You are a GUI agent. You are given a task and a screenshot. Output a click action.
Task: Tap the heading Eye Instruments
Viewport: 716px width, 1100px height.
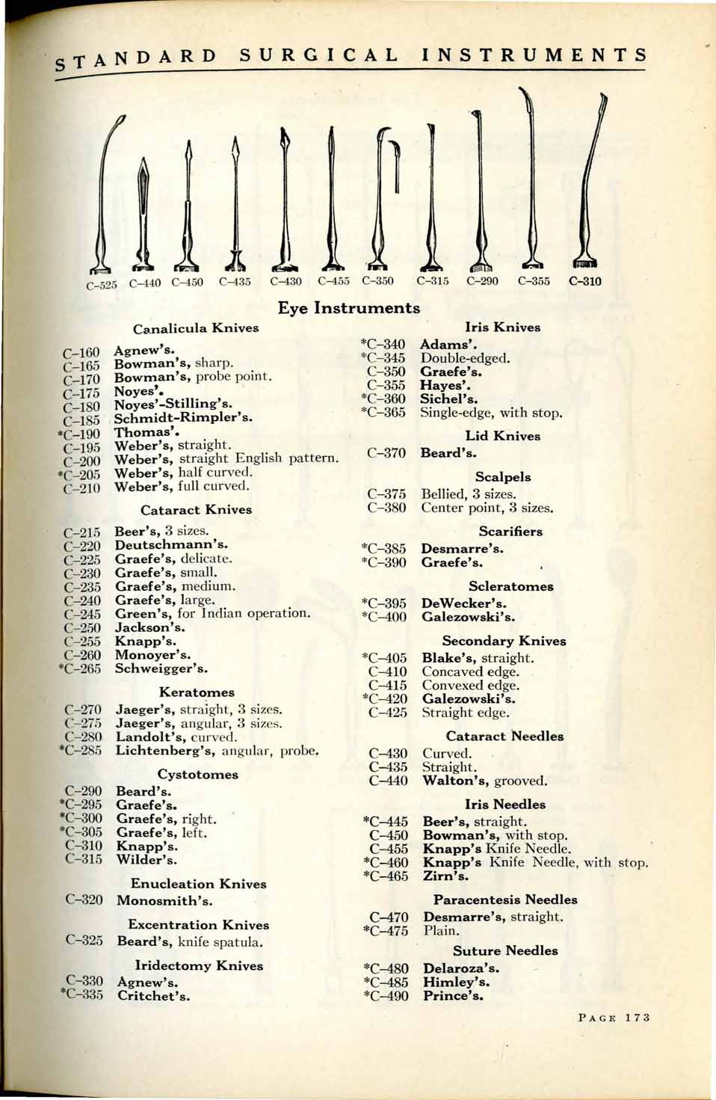point(349,308)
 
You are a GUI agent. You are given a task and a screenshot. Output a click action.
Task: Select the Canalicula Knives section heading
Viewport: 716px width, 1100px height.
point(196,328)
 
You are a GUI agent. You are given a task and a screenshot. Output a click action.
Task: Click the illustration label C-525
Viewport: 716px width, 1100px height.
point(102,285)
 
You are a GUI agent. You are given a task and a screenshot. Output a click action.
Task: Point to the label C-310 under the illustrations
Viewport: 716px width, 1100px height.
point(584,282)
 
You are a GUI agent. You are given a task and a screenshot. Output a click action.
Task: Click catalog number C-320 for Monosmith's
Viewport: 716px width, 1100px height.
point(84,900)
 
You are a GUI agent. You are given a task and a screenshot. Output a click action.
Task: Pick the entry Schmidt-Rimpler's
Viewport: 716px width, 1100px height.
point(183,418)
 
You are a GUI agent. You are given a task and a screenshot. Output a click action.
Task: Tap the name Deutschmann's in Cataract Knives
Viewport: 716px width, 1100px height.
point(171,545)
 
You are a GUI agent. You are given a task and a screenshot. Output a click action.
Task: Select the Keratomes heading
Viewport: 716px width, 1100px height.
point(197,692)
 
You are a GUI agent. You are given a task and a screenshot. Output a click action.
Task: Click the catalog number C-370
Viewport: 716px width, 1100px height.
point(386,453)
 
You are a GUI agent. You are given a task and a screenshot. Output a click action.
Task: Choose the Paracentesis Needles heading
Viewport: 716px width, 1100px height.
point(505,900)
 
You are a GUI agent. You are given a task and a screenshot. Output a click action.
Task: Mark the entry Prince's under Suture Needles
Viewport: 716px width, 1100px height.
point(453,996)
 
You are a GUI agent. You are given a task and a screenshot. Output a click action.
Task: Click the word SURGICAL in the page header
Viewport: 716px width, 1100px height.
point(319,55)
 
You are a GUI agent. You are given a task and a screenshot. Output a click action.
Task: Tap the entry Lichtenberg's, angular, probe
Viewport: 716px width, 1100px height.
point(217,751)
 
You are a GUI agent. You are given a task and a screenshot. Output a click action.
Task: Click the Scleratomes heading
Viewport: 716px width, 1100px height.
point(511,586)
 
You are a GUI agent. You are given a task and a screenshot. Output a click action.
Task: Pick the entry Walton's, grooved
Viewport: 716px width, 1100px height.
point(484,781)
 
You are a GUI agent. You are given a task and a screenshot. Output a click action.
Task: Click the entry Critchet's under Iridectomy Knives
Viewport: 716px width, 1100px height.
point(153,996)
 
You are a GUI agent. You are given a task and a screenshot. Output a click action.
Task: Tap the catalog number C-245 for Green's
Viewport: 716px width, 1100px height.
point(82,614)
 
